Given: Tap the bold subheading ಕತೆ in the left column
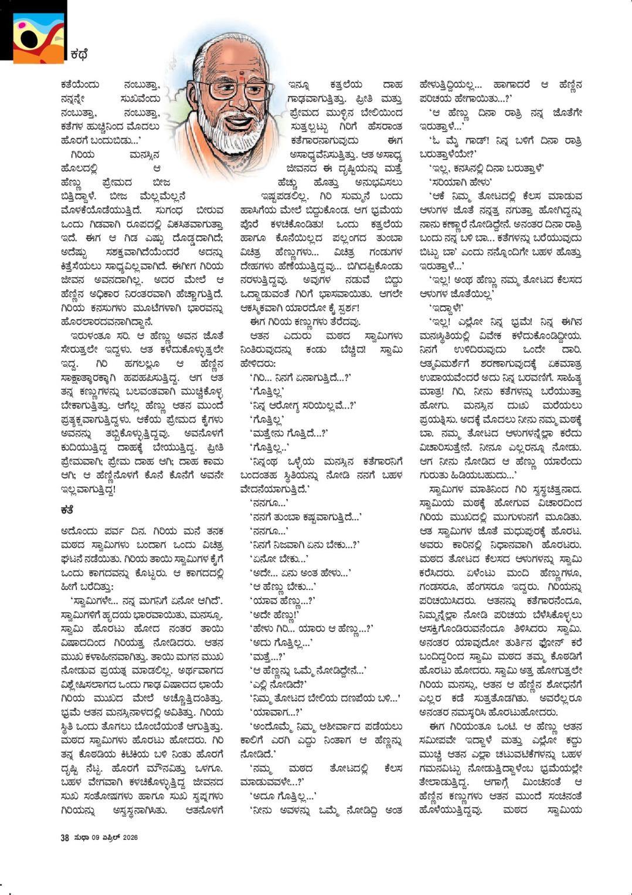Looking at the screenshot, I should point(66,510).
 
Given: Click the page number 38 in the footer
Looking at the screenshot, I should point(64,837).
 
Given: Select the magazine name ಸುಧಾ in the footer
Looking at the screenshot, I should point(81,837).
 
